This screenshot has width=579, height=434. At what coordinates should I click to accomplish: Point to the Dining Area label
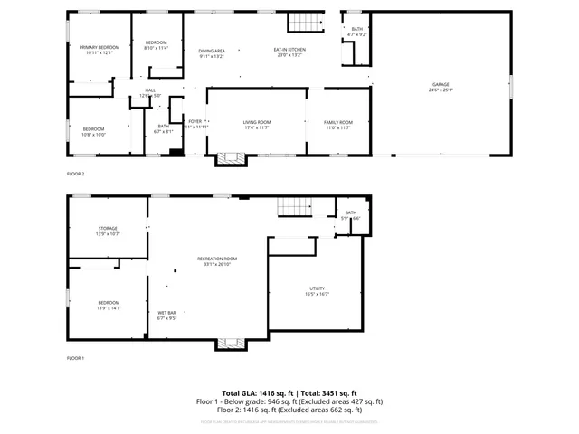(212, 52)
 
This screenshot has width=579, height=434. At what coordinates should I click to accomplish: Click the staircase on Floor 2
(306, 24)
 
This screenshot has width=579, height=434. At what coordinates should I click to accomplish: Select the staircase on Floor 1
(293, 208)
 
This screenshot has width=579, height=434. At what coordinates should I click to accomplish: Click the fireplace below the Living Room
(230, 160)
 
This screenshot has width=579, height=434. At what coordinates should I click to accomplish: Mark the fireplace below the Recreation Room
(230, 344)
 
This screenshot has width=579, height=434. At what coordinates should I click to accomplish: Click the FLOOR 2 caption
(75, 174)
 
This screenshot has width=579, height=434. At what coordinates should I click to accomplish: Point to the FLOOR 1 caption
(75, 358)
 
